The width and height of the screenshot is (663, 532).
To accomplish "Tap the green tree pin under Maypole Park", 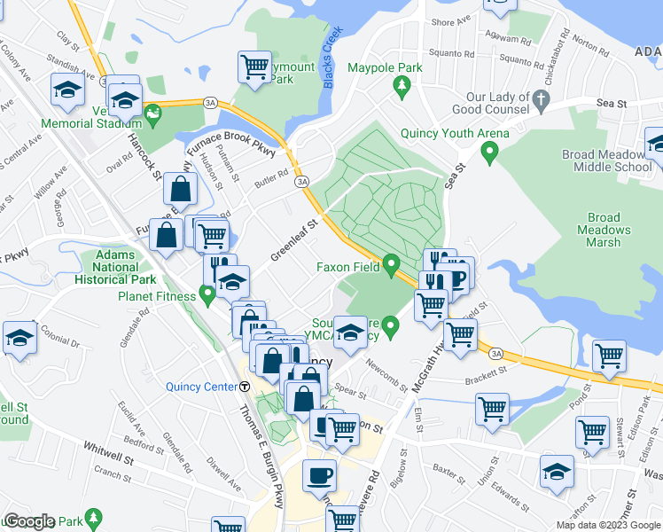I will coord(402,84).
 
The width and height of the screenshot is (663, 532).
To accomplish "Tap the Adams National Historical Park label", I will coord(110,267).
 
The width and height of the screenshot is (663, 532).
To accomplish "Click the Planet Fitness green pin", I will coord(207,293).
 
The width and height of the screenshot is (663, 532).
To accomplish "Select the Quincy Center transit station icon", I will coord(245,386).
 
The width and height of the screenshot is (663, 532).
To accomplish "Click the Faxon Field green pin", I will coord(392,264).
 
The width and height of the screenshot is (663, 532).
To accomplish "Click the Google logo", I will coord(29,522).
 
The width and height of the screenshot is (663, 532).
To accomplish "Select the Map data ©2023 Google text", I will coord(608,525).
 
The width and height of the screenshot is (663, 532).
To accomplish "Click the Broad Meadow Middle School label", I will coord(607,160).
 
